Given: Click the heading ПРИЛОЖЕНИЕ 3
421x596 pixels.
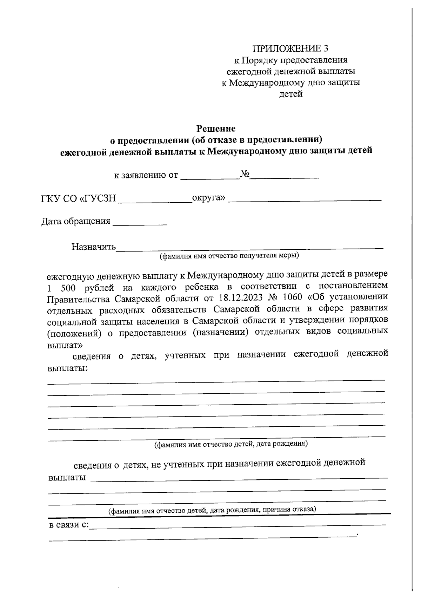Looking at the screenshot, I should coord(291,48).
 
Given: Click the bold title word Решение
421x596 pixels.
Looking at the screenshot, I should coord(216,128).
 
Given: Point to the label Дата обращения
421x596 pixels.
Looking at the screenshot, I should coord(75,221).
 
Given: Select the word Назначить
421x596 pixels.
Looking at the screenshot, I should coord(93,247).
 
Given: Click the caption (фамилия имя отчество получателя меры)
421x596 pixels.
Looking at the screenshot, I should coord(229,255).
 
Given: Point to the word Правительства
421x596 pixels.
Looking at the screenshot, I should coord(78,299).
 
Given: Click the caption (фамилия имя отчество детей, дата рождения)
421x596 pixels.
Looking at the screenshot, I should coord(231,444).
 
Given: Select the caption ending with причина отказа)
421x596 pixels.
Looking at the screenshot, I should coord(212,510).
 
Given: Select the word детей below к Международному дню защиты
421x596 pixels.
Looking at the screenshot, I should coord(290,94).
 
